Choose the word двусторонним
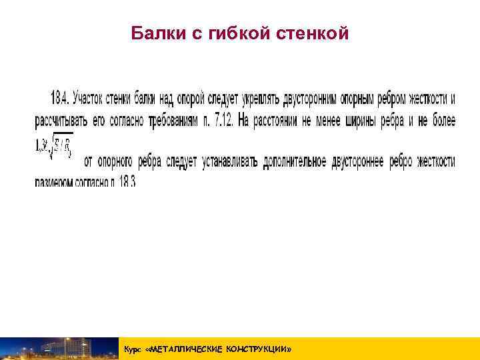click(x=313, y=99)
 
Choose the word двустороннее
click(x=358, y=162)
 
